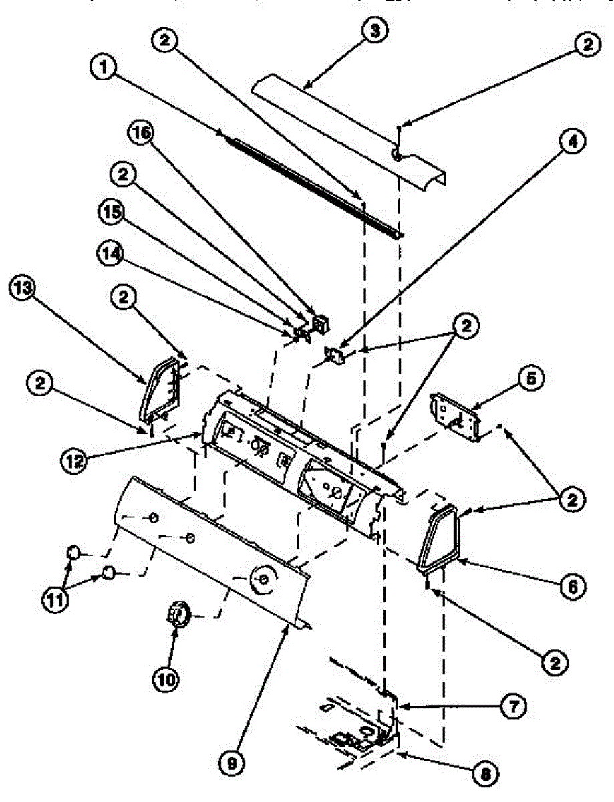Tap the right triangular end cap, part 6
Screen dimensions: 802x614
438,539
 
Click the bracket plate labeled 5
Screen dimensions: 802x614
458,418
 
